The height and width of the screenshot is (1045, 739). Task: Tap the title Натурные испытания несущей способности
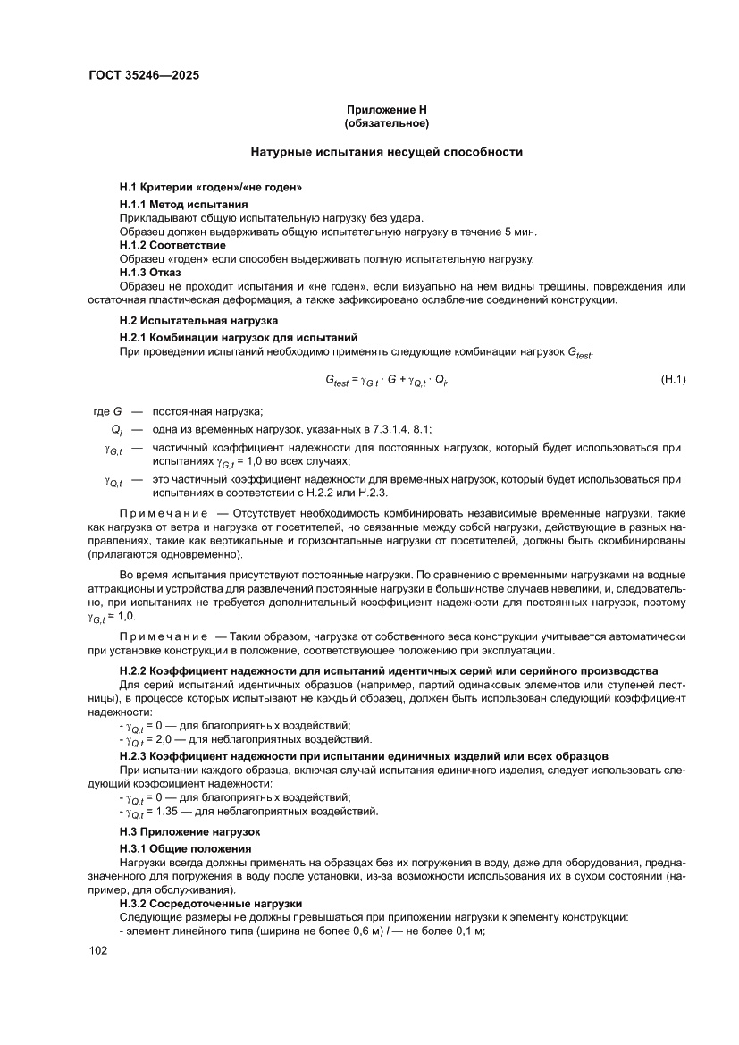click(x=386, y=152)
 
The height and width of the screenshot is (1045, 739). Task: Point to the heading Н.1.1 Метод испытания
click(x=183, y=205)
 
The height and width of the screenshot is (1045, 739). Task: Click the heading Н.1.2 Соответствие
click(x=172, y=245)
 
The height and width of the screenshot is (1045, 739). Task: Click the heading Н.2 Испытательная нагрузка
click(x=198, y=320)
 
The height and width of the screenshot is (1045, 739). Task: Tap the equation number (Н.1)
click(x=672, y=380)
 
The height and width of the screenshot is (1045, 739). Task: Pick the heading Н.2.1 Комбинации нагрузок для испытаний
click(x=239, y=337)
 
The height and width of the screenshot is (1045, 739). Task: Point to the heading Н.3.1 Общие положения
click(x=185, y=847)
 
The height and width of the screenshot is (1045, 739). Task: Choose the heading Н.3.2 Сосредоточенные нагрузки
click(x=211, y=904)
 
